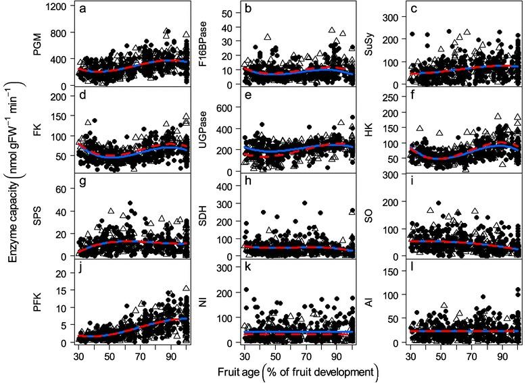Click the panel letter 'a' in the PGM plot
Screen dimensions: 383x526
[83, 9]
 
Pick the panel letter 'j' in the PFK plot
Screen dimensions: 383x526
[82, 269]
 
